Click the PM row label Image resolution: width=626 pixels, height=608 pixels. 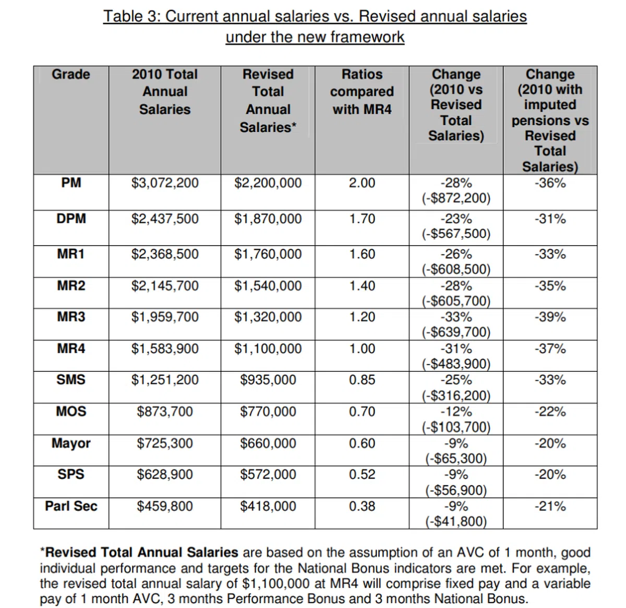[71, 183]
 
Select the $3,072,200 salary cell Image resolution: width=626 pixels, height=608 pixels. [165, 183]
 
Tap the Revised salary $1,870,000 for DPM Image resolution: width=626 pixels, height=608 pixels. [268, 219]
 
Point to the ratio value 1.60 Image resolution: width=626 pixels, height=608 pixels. [362, 254]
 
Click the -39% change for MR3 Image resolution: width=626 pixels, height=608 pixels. [550, 317]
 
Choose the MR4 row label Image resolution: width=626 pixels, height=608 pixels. [71, 348]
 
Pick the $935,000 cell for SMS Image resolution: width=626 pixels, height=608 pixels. [268, 380]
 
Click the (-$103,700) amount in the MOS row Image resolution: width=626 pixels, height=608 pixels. [456, 428]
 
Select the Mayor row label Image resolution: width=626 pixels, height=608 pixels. [71, 444]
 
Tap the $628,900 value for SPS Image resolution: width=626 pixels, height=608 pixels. [165, 475]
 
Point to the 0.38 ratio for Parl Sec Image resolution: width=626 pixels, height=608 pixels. [362, 506]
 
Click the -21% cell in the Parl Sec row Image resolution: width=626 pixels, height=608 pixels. [550, 506]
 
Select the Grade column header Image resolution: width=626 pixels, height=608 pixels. [71, 75]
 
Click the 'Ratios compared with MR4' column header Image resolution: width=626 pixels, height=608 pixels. [362, 92]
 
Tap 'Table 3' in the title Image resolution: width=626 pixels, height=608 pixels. [131, 17]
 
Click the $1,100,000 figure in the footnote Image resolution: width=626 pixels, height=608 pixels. [276, 583]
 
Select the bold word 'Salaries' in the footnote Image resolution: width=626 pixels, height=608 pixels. [212, 552]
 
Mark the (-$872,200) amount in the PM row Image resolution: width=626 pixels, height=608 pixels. [456, 199]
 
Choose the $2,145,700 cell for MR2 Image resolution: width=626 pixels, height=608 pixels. [165, 286]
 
